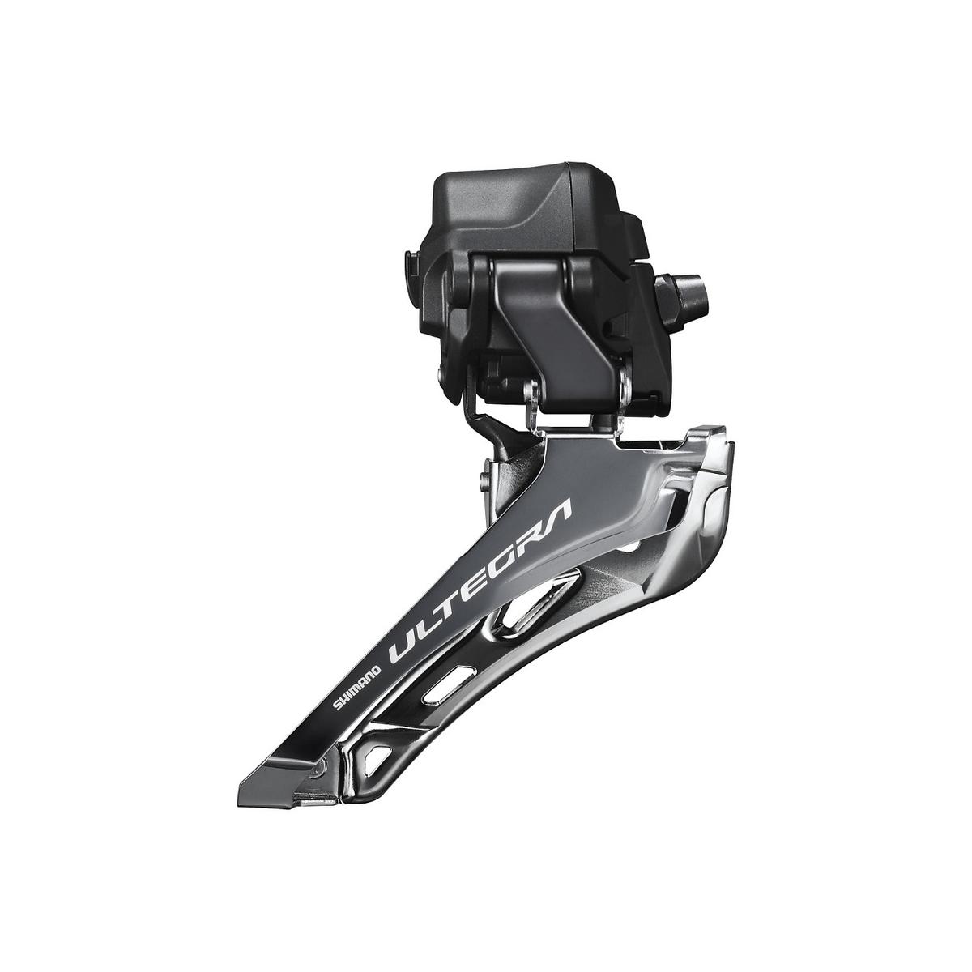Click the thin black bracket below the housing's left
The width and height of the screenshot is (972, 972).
tap(478, 421)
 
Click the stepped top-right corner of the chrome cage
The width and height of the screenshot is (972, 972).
tap(697, 437)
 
